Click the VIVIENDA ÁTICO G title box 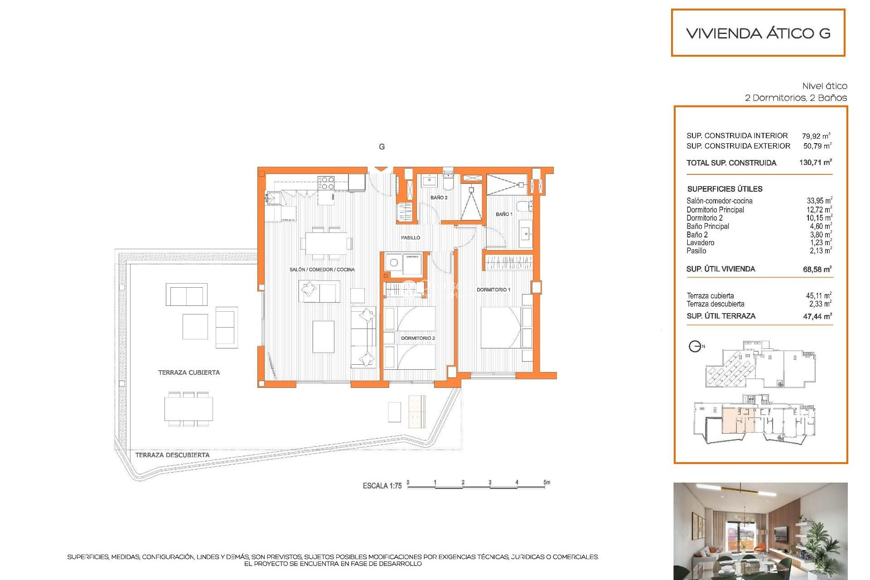[x=758, y=33]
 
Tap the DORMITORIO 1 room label [x=493, y=290]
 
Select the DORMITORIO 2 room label [x=418, y=338]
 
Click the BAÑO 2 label [x=439, y=198]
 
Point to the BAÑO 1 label [x=504, y=214]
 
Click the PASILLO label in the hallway [x=410, y=237]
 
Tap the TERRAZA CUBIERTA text [x=189, y=372]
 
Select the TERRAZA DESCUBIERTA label [x=172, y=455]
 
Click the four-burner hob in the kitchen [x=326, y=183]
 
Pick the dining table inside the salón [x=326, y=243]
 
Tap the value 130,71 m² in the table [x=815, y=162]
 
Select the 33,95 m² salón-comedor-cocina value [x=819, y=201]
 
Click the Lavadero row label [x=700, y=242]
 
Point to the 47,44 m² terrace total [x=817, y=316]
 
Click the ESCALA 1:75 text [x=382, y=486]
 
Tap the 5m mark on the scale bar [x=546, y=483]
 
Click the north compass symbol [x=695, y=347]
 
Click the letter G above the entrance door [x=382, y=147]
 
